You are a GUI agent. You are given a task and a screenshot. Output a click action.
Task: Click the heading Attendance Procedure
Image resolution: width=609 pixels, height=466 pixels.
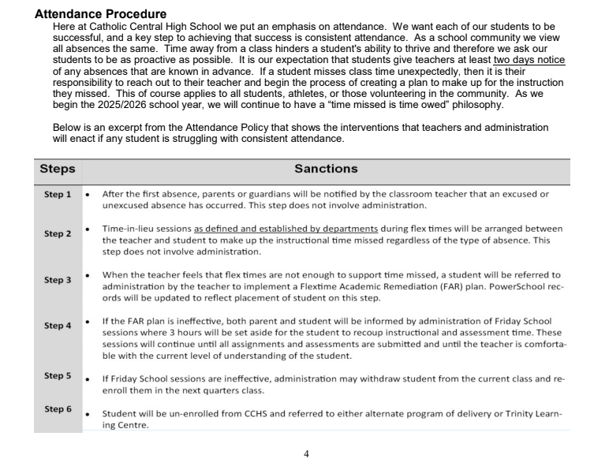pyautogui.click(x=100, y=14)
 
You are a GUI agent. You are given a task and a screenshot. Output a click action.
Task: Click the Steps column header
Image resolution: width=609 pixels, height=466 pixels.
pyautogui.click(x=58, y=169)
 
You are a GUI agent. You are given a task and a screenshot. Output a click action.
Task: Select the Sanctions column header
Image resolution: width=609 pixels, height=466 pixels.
pyautogui.click(x=326, y=169)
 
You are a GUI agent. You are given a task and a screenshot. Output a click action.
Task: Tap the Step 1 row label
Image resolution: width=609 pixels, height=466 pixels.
pyautogui.click(x=58, y=194)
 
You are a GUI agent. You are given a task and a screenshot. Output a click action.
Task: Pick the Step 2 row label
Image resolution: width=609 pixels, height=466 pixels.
pyautogui.click(x=58, y=233)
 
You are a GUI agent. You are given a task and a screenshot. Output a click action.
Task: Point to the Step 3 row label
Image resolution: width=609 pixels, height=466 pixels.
pyautogui.click(x=58, y=280)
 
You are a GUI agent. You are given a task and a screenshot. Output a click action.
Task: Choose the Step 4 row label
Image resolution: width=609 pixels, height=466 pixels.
pyautogui.click(x=58, y=326)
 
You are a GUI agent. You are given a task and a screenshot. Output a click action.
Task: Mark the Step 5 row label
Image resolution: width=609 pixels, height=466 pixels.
pyautogui.click(x=58, y=375)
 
